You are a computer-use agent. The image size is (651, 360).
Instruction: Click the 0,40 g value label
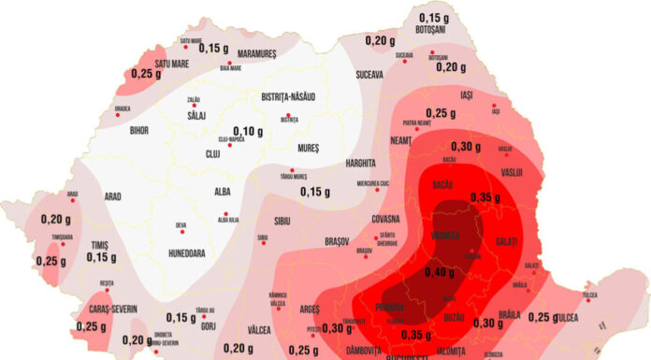click(440, 272)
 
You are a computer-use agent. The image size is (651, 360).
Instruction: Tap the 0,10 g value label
click(247, 130)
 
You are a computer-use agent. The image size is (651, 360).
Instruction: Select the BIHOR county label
click(139, 130)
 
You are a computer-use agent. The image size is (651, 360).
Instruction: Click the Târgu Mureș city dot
click(292, 170)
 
